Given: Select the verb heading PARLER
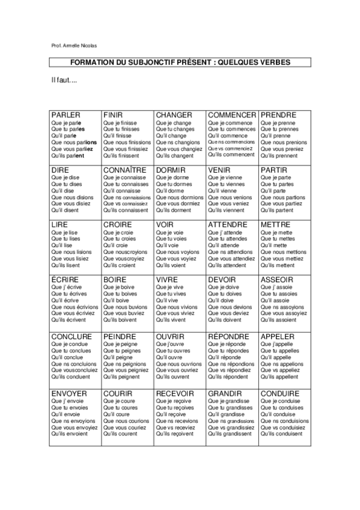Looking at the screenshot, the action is point(66,115).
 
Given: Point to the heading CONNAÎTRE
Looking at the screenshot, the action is point(125,170).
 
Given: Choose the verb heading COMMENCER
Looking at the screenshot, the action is point(232,115).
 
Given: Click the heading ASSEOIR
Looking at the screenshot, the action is point(277,280).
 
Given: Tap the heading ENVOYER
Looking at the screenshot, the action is point(70,393).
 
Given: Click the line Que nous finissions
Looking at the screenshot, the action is point(127,143).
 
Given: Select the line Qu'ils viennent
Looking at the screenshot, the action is point(227,211).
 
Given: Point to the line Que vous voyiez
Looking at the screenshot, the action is point(175,259).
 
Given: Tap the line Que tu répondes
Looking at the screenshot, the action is point(228,351).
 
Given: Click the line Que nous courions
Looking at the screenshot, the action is point(126,421).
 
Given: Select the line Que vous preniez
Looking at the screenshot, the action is point(282,149).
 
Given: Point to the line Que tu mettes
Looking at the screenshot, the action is point(278,239).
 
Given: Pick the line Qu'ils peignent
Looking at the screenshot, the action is point(121,377).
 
